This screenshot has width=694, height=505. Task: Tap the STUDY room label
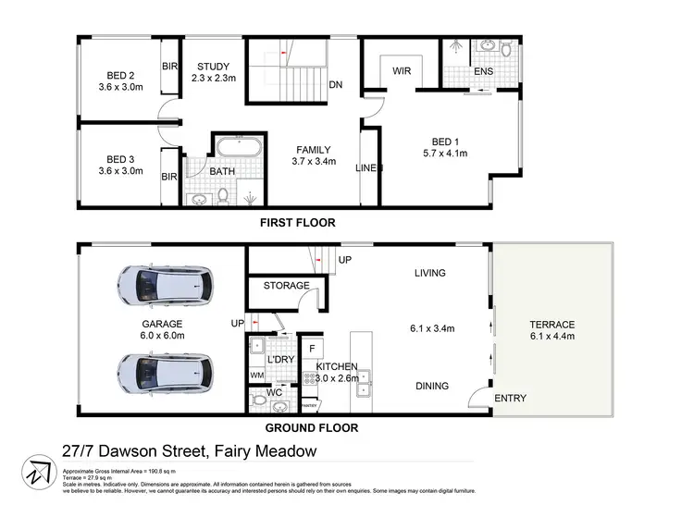coord(214,66)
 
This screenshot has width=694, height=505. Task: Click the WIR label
coord(402,70)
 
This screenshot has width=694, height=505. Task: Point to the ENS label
coord(483,70)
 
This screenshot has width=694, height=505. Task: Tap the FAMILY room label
coord(313,150)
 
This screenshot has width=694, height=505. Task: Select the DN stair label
coord(336,84)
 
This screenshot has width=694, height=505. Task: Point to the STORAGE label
coord(286,286)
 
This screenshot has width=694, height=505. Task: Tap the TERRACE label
coord(552,325)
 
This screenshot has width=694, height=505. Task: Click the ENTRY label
coord(510,399)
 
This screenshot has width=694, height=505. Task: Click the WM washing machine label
coord(256,376)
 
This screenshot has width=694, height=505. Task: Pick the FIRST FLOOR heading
coord(298,223)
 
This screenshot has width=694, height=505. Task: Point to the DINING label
coord(432,387)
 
